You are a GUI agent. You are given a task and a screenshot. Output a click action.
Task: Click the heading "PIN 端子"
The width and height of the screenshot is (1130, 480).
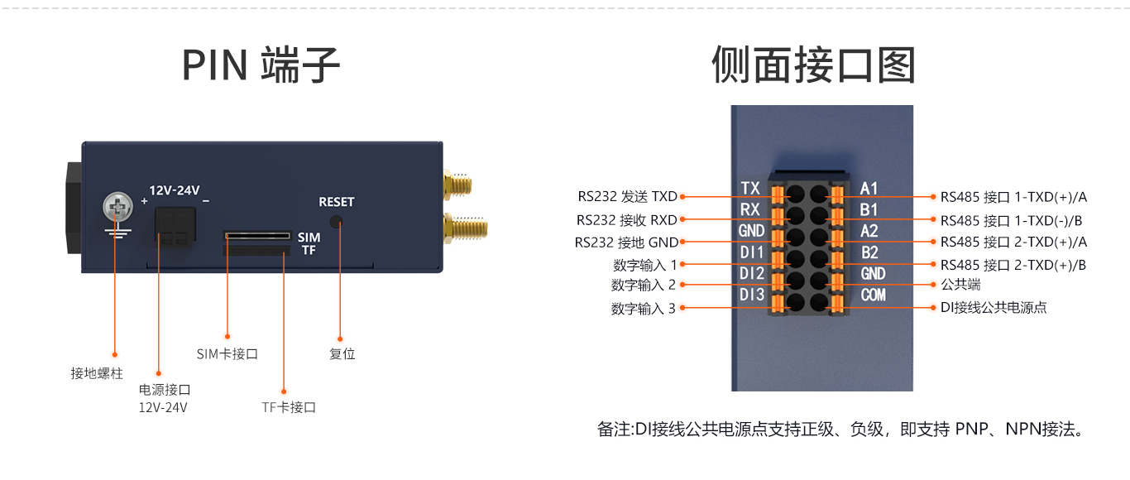click(x=261, y=65)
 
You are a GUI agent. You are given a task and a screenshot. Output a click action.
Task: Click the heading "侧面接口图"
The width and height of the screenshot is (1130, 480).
click(x=813, y=65)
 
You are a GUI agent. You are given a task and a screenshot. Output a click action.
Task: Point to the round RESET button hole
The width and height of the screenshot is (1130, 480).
click(x=336, y=222)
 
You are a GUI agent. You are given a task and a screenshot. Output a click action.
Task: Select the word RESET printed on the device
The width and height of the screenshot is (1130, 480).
click(x=336, y=202)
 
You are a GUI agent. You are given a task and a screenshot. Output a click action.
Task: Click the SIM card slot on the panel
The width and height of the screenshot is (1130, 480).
click(x=257, y=236)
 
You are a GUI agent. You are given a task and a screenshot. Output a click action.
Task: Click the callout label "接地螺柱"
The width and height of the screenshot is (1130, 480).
click(x=97, y=373)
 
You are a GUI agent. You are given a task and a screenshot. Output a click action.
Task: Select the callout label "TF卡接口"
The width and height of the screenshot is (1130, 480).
click(x=289, y=407)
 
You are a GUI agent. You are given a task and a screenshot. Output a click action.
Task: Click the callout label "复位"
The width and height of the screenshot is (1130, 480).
click(x=342, y=353)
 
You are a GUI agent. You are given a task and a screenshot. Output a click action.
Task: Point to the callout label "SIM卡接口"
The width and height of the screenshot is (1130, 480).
click(x=227, y=353)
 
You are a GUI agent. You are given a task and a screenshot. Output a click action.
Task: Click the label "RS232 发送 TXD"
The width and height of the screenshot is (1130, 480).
click(x=627, y=196)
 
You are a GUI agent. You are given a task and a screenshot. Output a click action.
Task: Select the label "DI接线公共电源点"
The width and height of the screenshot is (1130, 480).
click(x=994, y=307)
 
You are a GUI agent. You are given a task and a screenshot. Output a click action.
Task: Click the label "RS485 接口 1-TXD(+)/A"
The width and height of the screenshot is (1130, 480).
click(x=1013, y=197)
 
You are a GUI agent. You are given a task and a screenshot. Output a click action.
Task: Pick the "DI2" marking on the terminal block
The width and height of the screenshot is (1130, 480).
click(x=752, y=274)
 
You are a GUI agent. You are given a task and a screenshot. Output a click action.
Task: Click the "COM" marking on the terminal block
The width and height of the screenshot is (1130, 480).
click(x=873, y=295)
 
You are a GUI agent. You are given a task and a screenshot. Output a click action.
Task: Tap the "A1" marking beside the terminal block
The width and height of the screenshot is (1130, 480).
click(x=869, y=189)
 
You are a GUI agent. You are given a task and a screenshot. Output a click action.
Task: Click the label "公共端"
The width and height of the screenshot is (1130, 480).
click(x=960, y=285)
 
